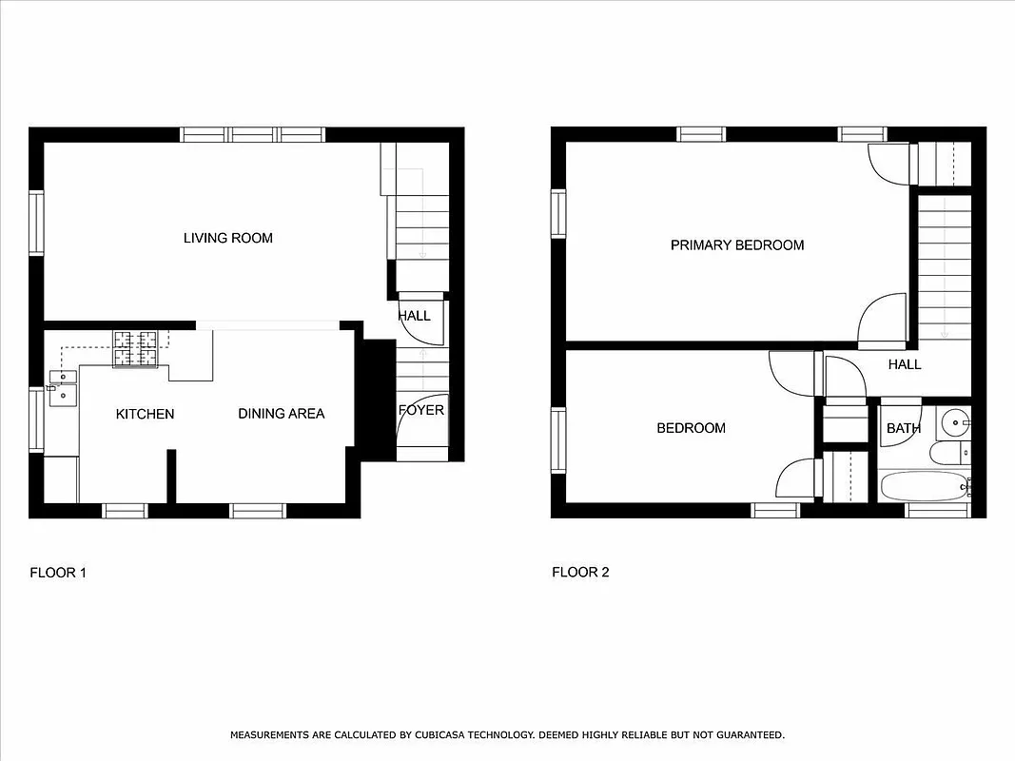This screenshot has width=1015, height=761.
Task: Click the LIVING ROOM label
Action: point(227,238)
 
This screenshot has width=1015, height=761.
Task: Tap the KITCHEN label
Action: point(145,414)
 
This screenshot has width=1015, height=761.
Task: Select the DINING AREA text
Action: point(281,414)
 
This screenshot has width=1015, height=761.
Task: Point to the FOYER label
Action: point(420,411)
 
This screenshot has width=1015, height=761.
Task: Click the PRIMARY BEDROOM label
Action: point(737,245)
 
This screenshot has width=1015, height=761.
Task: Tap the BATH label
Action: point(903,429)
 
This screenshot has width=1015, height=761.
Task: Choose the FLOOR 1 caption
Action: point(58,573)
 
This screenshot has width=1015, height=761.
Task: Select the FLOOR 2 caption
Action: point(580,573)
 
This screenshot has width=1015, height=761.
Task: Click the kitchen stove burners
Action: point(135,347)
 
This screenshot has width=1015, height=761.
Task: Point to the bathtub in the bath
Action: point(923,486)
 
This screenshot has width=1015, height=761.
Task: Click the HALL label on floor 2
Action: point(905,364)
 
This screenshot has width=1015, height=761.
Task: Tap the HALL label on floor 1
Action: point(414,316)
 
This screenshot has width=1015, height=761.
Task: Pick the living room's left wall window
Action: point(36,223)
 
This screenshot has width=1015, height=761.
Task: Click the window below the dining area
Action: point(258,512)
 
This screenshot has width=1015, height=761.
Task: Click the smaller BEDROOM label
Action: point(691,428)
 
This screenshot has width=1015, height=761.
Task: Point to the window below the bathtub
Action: point(937,512)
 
